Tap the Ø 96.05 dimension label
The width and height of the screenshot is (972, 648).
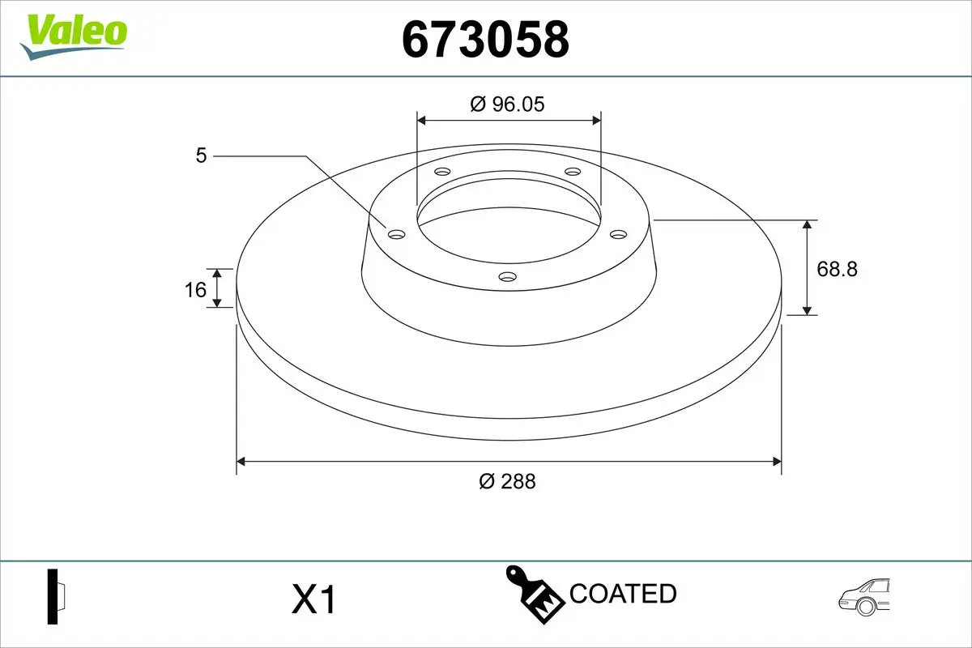click(508, 104)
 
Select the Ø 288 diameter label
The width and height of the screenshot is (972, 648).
click(508, 481)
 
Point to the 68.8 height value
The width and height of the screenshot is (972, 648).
click(837, 268)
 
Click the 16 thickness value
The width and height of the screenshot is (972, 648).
click(195, 288)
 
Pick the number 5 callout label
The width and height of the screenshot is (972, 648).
click(202, 155)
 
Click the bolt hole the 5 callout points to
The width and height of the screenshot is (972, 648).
click(396, 234)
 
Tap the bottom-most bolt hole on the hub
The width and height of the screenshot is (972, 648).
click(508, 277)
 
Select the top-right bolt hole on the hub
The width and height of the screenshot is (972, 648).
click(573, 172)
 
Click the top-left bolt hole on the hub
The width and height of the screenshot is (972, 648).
click(442, 172)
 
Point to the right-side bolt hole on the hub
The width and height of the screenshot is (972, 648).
click(619, 234)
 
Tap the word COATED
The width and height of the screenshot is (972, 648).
click(623, 594)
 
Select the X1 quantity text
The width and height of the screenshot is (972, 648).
click(313, 600)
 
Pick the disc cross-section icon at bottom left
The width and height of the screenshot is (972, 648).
click(56, 597)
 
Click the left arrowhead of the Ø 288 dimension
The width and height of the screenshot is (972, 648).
click(241, 462)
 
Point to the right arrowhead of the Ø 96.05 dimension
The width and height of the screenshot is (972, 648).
click(597, 120)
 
